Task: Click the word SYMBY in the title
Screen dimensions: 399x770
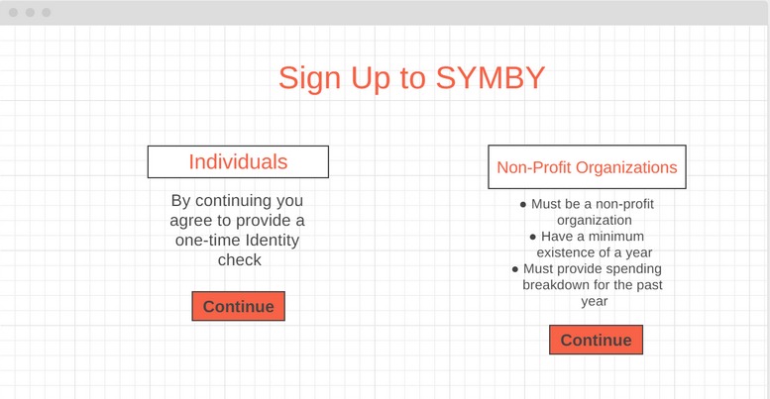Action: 489,78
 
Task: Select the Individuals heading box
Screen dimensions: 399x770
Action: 238,162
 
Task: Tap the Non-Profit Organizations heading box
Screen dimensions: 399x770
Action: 587,167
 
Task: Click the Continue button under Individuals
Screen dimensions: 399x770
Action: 238,306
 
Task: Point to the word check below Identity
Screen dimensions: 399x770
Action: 239,259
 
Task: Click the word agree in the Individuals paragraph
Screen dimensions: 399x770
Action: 192,220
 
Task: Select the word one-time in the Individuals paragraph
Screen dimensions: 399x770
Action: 205,240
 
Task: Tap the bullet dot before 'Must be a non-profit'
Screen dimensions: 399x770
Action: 523,205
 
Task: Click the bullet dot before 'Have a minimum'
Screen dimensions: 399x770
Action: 533,238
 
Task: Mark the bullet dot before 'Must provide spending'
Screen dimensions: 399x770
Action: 515,269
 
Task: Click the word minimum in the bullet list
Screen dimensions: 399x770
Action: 617,237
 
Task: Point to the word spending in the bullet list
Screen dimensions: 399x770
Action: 634,268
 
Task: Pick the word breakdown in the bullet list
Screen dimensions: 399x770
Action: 558,285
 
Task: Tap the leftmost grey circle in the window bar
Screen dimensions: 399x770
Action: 14,12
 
